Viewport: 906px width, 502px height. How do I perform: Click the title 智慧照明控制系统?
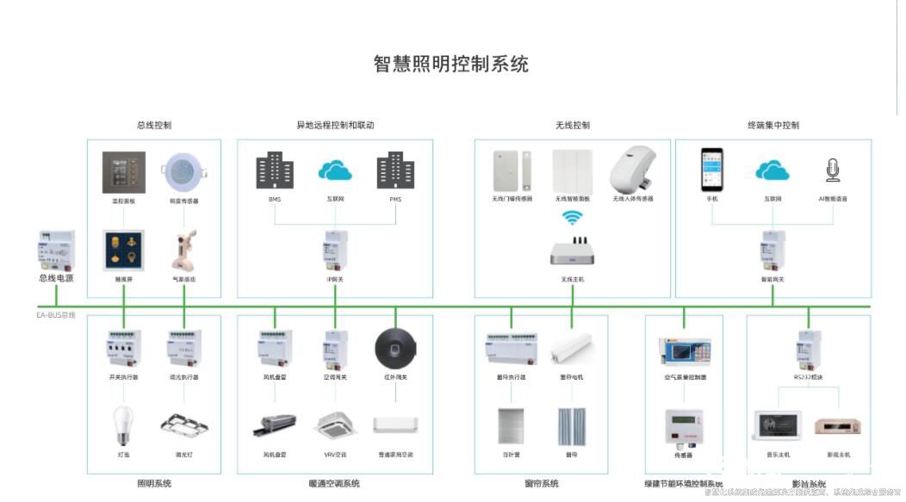(450, 64)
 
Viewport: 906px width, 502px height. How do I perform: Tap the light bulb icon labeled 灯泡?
(124, 425)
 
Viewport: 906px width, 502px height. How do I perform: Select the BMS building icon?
(275, 170)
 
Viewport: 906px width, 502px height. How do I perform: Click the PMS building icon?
(395, 170)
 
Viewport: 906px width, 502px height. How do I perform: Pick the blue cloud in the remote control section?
(335, 170)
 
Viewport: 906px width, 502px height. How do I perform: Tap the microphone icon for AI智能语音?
(833, 170)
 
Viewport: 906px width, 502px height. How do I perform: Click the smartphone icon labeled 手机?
(711, 169)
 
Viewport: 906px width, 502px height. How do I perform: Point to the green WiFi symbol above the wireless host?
(573, 219)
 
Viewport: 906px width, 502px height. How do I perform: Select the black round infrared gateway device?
(395, 349)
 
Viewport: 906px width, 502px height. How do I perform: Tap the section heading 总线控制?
(154, 125)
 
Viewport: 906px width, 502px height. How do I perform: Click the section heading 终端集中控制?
(773, 125)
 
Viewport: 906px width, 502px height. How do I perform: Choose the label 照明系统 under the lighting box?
(154, 483)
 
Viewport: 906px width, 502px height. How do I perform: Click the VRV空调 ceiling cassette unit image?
(335, 425)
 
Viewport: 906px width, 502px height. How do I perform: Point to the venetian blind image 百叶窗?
(511, 426)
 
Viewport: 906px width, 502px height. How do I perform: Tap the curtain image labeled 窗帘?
(571, 426)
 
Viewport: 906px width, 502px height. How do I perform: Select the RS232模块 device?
(809, 349)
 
